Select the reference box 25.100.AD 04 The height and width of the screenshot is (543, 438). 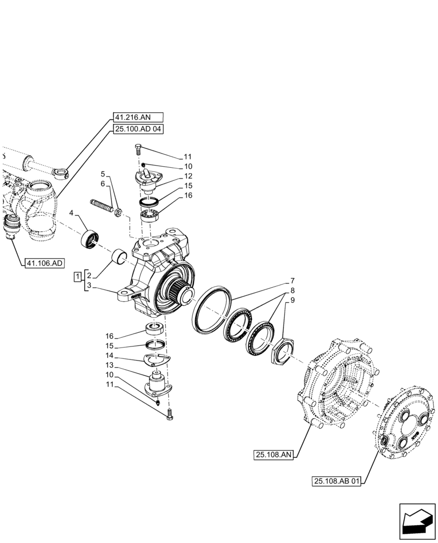click(138, 129)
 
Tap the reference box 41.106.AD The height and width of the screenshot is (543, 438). click(44, 263)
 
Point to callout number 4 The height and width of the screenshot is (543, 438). click(72, 214)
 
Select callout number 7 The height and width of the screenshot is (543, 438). click(292, 281)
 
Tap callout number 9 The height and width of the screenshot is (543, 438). click(292, 300)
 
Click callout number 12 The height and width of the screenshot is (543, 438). click(188, 176)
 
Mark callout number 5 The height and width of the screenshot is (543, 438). click(102, 174)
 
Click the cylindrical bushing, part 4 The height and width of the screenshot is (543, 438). click(89, 238)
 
